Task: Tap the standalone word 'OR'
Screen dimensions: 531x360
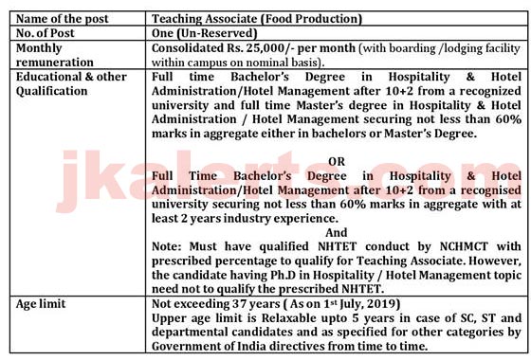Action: pos(336,162)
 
